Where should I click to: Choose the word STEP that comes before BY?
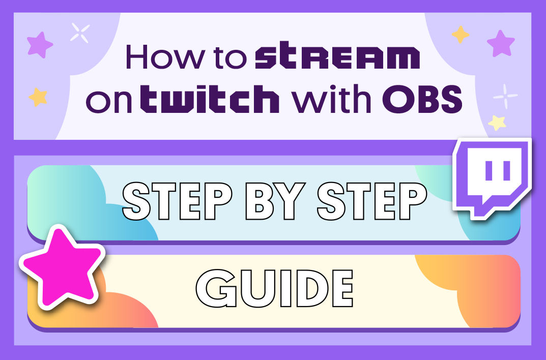178,201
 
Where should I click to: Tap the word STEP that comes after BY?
372,201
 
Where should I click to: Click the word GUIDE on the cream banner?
275,288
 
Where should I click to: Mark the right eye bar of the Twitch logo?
507,170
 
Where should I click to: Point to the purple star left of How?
40,45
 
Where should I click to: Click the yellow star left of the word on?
38,97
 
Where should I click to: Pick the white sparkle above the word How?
80,33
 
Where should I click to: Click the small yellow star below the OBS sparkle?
497,123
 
